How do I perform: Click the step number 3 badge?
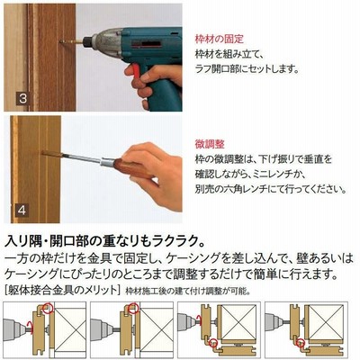coord(22,98)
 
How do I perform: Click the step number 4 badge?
coord(22,210)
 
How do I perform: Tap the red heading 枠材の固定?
coord(220,39)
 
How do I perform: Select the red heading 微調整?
coord(210,144)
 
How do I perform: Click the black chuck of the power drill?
coord(88,41)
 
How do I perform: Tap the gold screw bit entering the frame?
coord(71,41)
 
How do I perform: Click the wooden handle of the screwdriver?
coord(131,167)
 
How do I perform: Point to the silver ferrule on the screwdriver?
coord(106,163)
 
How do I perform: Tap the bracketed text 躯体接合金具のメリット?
coord(62,290)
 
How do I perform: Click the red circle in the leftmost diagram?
coord(48,308)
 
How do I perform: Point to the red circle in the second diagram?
coord(135,308)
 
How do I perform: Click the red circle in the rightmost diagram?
coord(301,341)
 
